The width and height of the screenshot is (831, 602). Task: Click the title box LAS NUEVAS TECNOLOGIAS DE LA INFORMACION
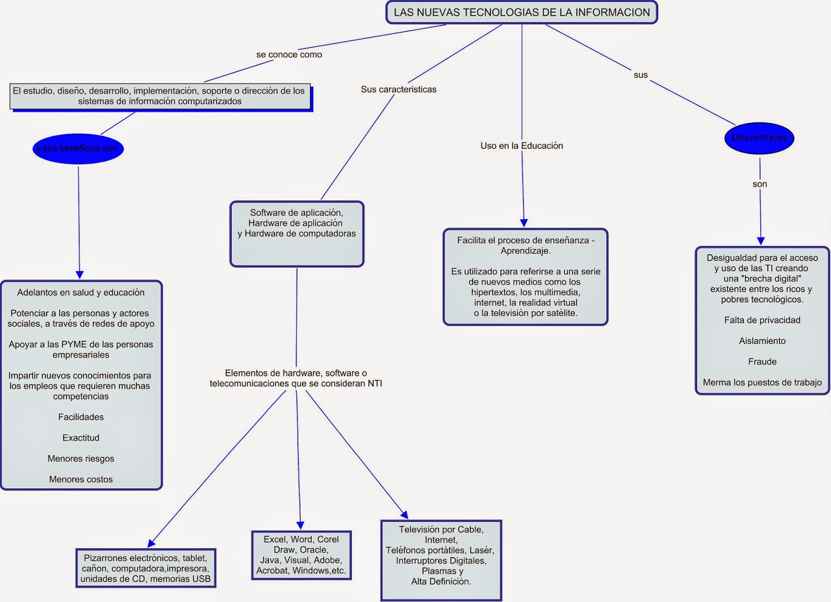click(521, 12)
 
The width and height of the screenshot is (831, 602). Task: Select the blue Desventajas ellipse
click(759, 138)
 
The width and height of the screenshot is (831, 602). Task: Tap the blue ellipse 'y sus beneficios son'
click(77, 149)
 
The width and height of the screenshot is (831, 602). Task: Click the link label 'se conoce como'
click(289, 55)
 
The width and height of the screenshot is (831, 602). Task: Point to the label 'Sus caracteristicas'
click(398, 89)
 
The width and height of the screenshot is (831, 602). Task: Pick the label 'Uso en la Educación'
click(521, 146)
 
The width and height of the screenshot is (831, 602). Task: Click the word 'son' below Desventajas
click(759, 184)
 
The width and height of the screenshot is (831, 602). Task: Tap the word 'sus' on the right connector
click(640, 75)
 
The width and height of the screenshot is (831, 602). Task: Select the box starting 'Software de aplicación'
click(297, 234)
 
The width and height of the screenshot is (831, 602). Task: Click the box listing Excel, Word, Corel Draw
click(301, 555)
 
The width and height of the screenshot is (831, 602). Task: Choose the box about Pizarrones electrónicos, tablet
click(145, 568)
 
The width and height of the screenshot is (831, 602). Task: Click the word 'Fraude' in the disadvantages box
click(762, 362)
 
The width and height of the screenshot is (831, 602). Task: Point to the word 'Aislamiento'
click(762, 341)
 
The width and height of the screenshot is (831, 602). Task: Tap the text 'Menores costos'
click(81, 479)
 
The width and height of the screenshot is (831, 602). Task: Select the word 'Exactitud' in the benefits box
click(81, 438)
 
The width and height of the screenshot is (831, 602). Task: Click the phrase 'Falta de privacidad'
click(762, 320)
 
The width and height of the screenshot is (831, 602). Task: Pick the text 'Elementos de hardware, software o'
click(296, 373)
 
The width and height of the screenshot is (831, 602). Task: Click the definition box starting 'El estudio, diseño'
click(160, 96)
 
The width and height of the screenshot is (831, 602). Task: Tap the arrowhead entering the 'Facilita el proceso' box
click(524, 223)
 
